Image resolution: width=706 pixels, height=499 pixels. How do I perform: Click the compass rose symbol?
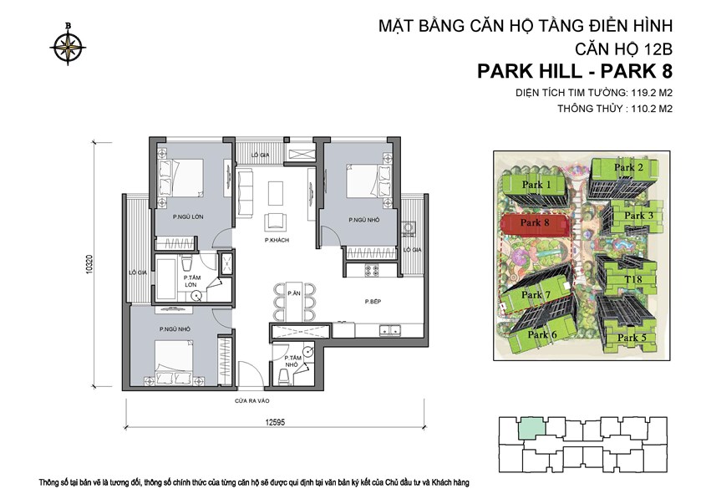coord(68,45)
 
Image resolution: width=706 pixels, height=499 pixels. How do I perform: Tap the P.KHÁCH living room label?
coord(277,240)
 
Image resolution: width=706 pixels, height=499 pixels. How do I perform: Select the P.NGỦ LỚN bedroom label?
coord(188,216)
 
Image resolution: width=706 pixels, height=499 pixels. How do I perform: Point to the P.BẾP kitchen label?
coord(373,301)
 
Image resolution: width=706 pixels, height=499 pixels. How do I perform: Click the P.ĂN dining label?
coord(294,293)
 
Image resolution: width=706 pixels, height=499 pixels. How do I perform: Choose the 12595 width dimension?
coord(275,422)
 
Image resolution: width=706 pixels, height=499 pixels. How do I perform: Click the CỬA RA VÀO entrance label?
coord(252,400)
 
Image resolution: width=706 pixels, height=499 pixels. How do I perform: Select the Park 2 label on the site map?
coord(628,167)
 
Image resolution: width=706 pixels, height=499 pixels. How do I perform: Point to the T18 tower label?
coord(633,279)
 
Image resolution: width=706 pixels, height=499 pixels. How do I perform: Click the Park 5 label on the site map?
coord(632,338)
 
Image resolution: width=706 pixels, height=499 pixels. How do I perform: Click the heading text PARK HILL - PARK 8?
coord(575,72)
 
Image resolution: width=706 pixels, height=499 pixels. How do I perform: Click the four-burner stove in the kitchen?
coord(372,270)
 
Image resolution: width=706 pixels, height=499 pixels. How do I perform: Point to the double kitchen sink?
coord(390,330)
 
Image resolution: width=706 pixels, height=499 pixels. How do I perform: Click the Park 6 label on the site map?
coord(542,334)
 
